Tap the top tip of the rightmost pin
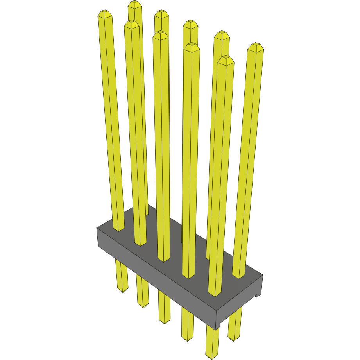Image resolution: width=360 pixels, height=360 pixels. coord(256,46)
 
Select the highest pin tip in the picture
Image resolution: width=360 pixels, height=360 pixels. coord(134,4)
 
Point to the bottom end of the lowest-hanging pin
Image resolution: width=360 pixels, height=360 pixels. coord(211,356)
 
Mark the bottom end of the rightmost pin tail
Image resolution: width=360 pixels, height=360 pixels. coord(233,338)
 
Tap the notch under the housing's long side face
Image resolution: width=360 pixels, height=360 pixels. coord(218,324)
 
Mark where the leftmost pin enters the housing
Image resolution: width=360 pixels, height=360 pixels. coord(118,229)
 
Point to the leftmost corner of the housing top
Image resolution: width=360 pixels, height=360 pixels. coord(97,228)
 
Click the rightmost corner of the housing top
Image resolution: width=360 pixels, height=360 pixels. coord(263,275)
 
